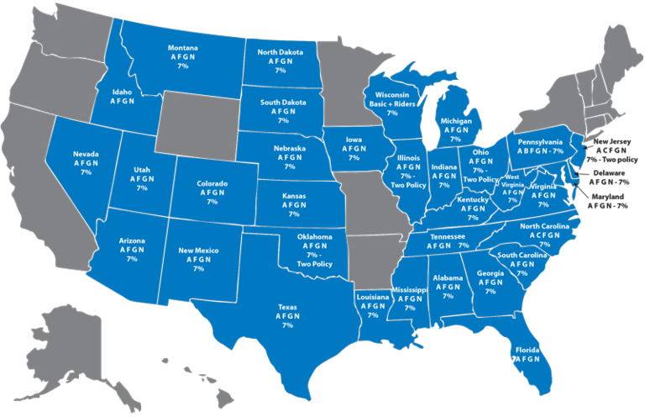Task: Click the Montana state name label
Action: (182, 47)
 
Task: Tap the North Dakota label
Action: (280, 51)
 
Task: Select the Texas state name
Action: (287, 307)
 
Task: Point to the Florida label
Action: (527, 349)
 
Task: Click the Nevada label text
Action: (86, 154)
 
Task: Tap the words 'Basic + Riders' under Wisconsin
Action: (391, 103)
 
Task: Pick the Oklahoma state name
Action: (315, 237)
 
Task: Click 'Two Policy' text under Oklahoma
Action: (316, 264)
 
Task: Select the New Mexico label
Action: (199, 250)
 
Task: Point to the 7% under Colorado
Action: (212, 202)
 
